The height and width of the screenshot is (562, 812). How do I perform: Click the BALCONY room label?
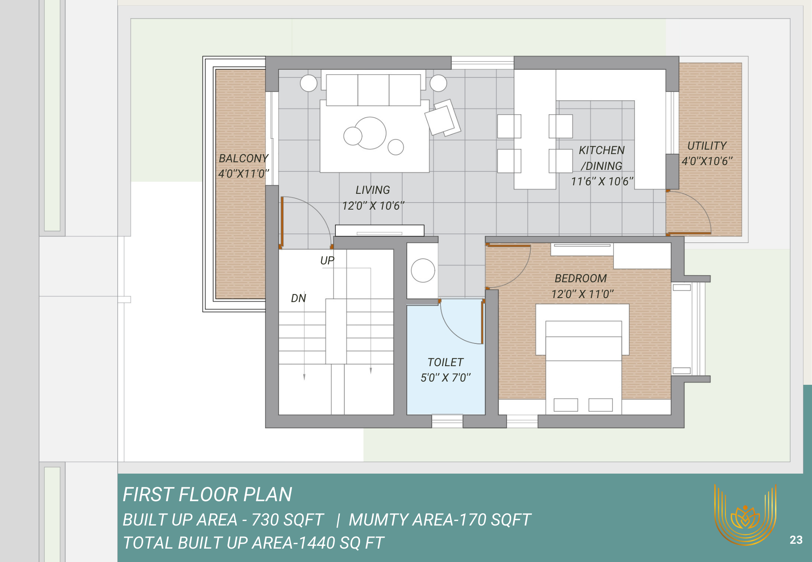244,158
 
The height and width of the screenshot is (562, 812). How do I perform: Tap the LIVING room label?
373,190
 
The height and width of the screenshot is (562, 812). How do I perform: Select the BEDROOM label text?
581,278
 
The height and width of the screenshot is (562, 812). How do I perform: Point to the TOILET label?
445,362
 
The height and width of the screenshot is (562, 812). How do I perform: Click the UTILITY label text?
707,146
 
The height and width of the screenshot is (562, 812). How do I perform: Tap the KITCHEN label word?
602,150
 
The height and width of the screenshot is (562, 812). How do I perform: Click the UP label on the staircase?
327,260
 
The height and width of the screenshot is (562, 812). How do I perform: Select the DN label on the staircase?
298,298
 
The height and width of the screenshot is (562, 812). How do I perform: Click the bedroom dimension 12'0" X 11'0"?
583,294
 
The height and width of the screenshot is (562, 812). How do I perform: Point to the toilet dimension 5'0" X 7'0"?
446,378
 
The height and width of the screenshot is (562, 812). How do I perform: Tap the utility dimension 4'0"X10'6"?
707,161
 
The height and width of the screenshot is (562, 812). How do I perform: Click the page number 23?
796,540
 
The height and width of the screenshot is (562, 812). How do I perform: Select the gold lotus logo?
745,516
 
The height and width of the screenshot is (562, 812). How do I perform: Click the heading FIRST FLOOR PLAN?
207,494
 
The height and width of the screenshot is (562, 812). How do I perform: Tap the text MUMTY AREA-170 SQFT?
440,519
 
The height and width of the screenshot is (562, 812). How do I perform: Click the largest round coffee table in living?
370,133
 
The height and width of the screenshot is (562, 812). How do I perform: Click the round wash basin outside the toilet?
423,270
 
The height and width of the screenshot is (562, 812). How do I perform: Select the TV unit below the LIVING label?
380,230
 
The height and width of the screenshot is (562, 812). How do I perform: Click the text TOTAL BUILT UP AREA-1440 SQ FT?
253,543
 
